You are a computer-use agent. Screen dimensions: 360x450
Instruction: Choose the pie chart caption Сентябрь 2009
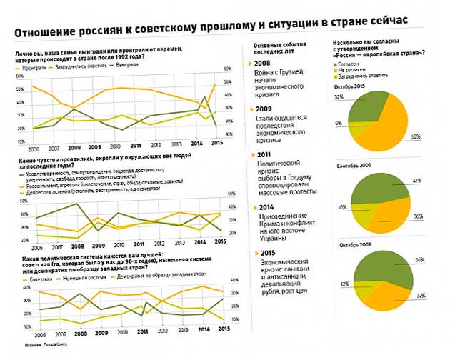(356, 166)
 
